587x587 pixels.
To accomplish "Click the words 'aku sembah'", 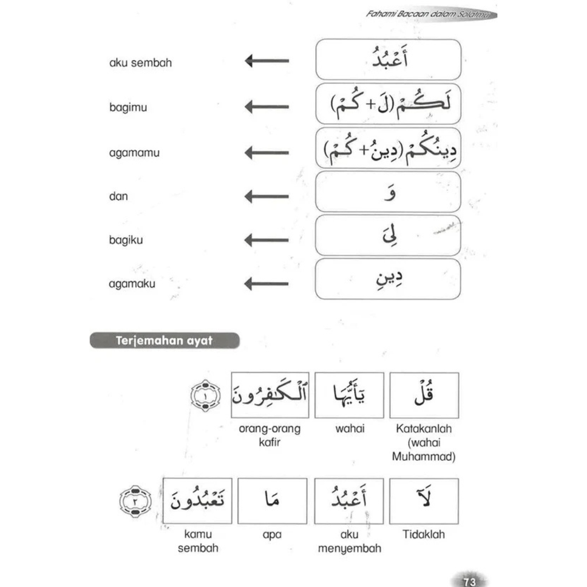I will click(x=140, y=62).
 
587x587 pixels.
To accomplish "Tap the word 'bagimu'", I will click(x=128, y=107).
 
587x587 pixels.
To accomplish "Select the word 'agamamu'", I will click(x=134, y=153).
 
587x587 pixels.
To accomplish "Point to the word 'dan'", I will click(x=118, y=196).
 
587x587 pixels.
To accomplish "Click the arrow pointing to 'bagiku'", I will click(x=267, y=240).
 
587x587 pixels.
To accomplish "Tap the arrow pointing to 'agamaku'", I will click(x=267, y=283).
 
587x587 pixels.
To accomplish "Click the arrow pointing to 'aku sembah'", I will click(x=267, y=60).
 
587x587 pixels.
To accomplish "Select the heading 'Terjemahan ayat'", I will click(x=164, y=341).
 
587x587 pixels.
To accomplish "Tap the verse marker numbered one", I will click(x=205, y=395).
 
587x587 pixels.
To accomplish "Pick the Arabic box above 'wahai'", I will click(x=349, y=395).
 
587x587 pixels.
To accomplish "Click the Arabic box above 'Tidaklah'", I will click(x=424, y=501).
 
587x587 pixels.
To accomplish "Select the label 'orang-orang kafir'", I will click(x=269, y=435).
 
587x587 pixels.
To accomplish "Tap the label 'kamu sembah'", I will click(x=198, y=541).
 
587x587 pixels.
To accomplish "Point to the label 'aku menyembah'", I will click(x=349, y=541).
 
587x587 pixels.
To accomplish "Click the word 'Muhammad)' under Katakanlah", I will click(x=424, y=457).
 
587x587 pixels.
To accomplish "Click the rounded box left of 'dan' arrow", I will click(x=388, y=192).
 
